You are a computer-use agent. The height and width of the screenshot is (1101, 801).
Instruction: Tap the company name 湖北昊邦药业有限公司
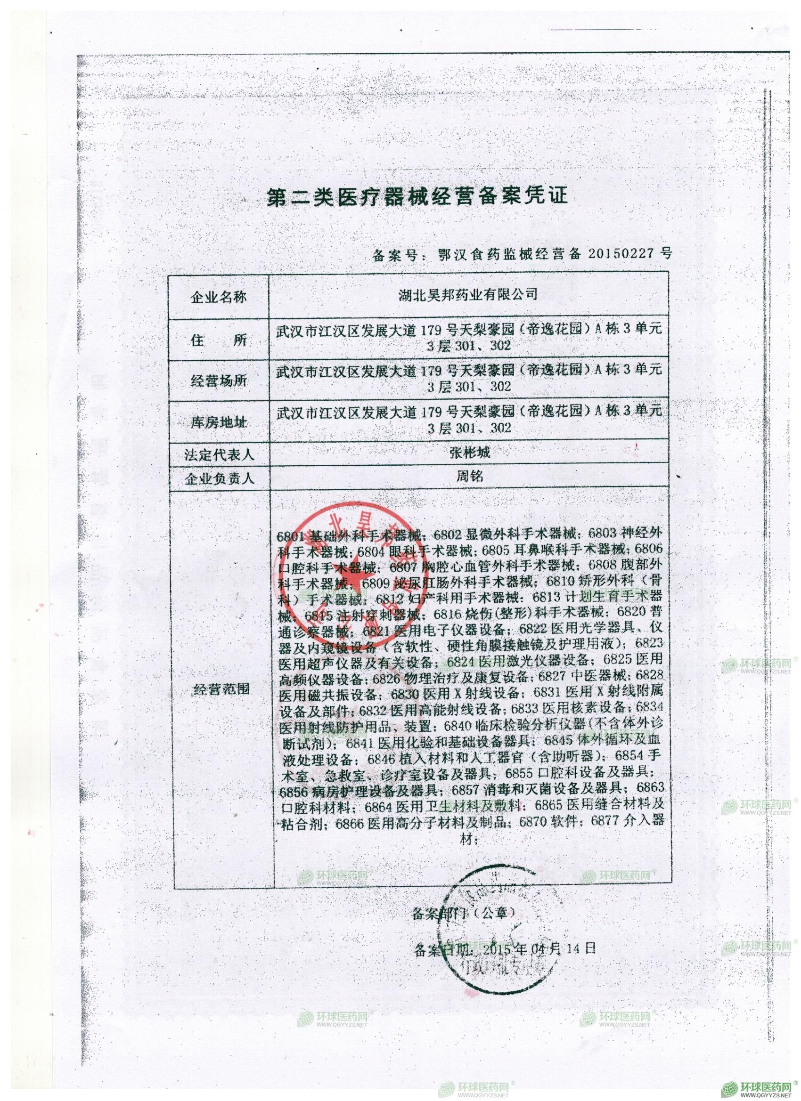pos(468,294)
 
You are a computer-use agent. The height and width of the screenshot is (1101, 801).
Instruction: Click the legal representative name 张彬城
pos(468,453)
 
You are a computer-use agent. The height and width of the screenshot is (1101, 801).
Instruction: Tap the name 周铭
pos(468,476)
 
